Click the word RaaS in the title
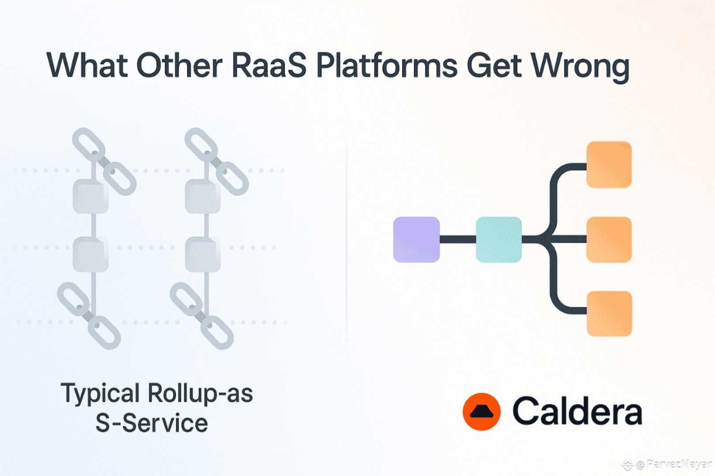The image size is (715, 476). (x=270, y=65)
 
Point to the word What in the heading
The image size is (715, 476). (x=87, y=65)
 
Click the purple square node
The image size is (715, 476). (x=416, y=240)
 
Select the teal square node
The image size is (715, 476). (x=499, y=240)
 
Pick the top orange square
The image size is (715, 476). (x=609, y=165)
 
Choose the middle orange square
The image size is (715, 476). (x=609, y=240)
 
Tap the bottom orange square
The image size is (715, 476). (x=610, y=314)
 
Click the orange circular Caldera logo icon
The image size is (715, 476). (x=482, y=412)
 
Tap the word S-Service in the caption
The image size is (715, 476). (x=152, y=423)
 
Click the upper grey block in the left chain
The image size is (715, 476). (x=91, y=196)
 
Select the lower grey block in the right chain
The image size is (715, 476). (x=203, y=254)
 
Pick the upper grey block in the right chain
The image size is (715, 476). (x=203, y=196)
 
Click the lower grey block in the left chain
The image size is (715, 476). (x=91, y=254)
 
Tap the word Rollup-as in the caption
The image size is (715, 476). (x=200, y=393)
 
